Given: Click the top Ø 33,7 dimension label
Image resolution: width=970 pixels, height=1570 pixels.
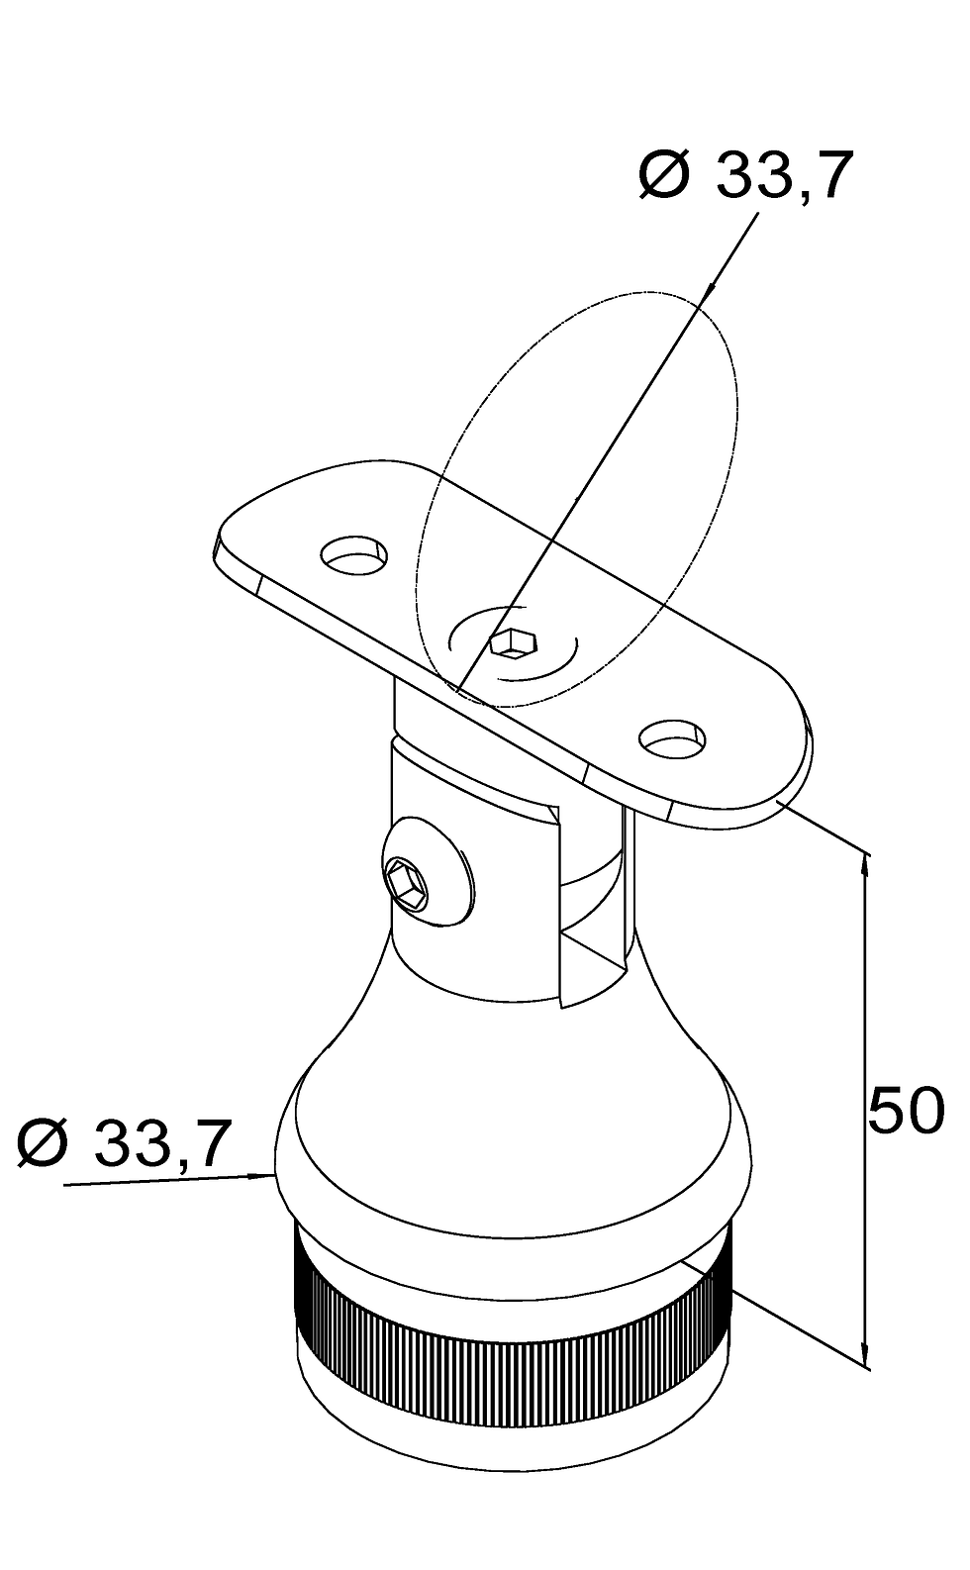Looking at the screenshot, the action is pyautogui.click(x=746, y=175).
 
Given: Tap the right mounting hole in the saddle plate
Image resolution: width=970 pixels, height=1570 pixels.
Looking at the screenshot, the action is pyautogui.click(x=673, y=738).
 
